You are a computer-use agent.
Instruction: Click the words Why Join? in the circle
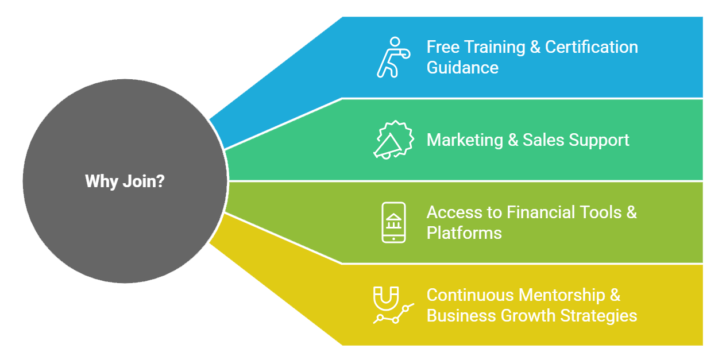(125, 181)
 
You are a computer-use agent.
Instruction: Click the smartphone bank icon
(393, 222)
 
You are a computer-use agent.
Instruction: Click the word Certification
(592, 47)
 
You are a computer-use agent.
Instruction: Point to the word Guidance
(462, 68)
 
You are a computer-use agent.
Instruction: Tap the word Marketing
(465, 140)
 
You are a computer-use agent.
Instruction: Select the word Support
(598, 140)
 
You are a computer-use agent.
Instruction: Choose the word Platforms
(464, 233)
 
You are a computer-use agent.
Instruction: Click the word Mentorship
(562, 295)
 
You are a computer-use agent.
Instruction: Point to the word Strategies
(598, 316)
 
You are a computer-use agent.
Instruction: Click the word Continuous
(470, 295)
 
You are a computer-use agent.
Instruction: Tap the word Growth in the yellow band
(528, 316)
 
